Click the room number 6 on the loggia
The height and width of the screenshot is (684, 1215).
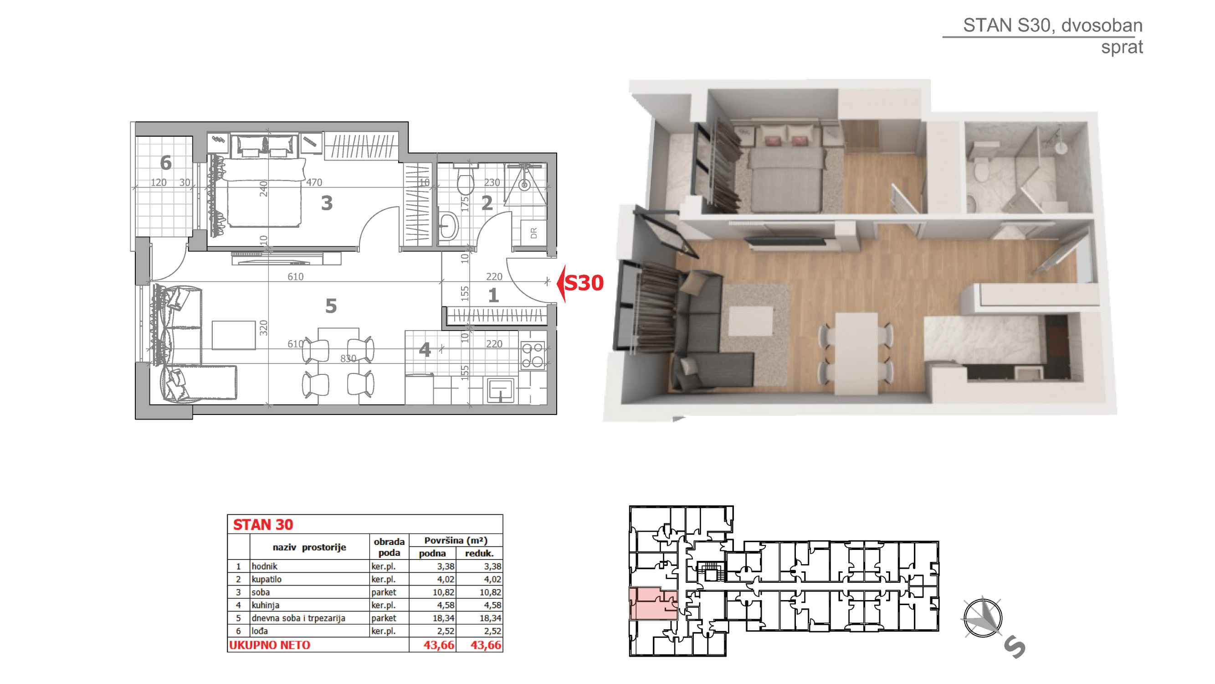coord(165,163)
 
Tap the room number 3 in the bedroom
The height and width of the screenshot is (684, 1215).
coord(327,203)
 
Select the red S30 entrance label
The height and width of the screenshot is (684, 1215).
coord(584,283)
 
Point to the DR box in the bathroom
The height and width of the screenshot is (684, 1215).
coord(533,233)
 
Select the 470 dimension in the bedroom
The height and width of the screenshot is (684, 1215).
coord(314,182)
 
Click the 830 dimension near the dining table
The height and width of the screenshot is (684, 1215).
coord(348,359)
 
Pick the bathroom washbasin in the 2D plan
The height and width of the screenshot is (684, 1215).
coord(448,227)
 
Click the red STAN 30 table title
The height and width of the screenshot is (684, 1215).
coord(263,524)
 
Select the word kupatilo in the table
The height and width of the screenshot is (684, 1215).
coord(267,579)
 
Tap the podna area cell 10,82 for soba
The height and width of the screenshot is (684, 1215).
coord(443,592)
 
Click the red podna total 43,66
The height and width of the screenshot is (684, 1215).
coord(439,645)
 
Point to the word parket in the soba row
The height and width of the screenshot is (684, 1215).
coord(384,592)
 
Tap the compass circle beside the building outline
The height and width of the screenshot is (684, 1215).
coord(983,618)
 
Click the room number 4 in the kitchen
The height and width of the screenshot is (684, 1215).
coord(425,350)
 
